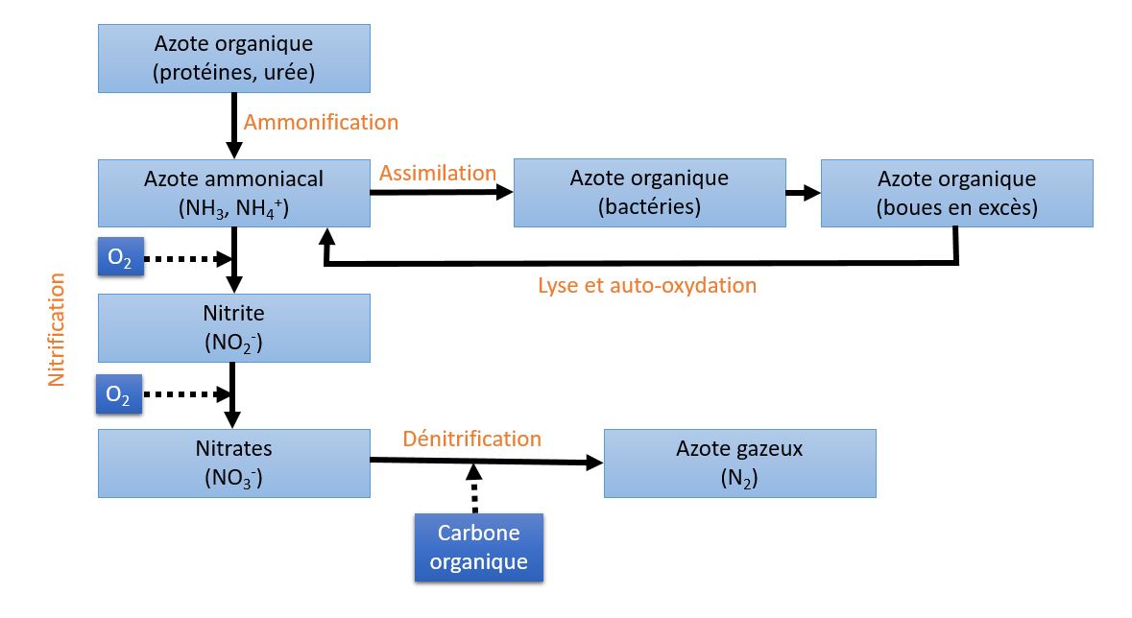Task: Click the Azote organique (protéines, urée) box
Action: coord(234,59)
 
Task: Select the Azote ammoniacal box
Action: coord(234,194)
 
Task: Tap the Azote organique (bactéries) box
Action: coord(650,193)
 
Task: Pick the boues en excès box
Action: coord(957,194)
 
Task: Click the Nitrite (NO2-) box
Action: coord(234,328)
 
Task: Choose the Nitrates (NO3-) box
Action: coord(234,463)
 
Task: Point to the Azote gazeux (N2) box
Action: coord(740,463)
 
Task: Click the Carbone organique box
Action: coord(479,547)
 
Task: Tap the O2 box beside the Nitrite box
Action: coord(121,256)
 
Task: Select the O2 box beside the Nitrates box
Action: coord(118,393)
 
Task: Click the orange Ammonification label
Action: coord(321,122)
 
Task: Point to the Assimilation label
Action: coord(438,174)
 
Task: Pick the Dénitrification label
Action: coord(472,439)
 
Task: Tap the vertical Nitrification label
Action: coord(57,329)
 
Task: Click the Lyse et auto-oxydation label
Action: coord(647,285)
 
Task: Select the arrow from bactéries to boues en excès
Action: coord(804,193)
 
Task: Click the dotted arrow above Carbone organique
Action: coord(473,488)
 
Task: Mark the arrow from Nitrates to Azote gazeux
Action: coord(487,461)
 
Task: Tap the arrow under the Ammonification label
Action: coord(234,126)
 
